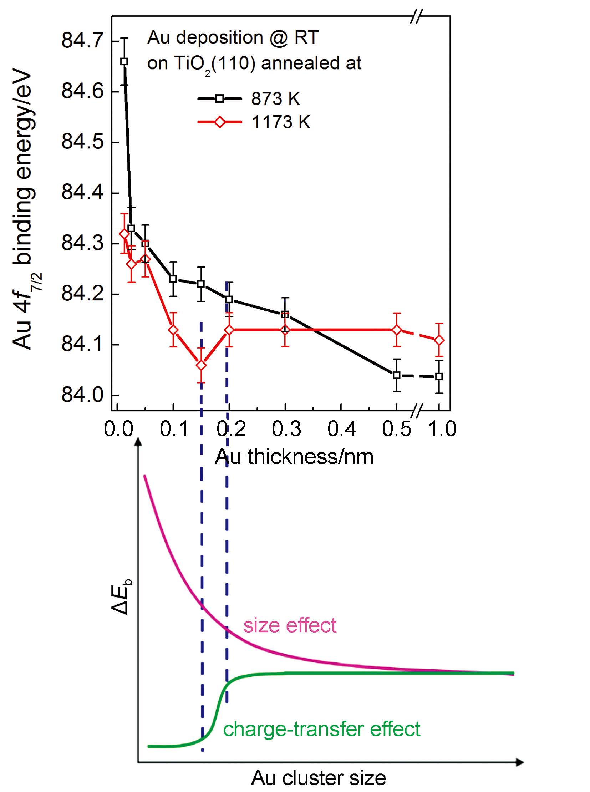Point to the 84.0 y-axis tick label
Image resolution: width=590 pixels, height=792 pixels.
tap(82, 395)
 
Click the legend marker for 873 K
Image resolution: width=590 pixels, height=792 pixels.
tap(220, 98)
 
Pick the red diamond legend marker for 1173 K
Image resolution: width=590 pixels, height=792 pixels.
tap(220, 122)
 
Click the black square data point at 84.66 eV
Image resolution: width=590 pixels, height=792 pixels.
tap(124, 61)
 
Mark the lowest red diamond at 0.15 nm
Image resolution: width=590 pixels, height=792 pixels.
tap(201, 365)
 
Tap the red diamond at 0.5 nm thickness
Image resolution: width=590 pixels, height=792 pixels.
tap(396, 330)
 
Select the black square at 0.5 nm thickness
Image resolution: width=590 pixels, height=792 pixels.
tap(396, 375)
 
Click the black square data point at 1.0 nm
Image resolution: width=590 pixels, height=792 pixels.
tap(439, 376)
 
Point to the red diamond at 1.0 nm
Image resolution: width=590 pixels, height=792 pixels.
tap(439, 340)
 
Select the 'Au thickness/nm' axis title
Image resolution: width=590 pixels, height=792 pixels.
tap(294, 456)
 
